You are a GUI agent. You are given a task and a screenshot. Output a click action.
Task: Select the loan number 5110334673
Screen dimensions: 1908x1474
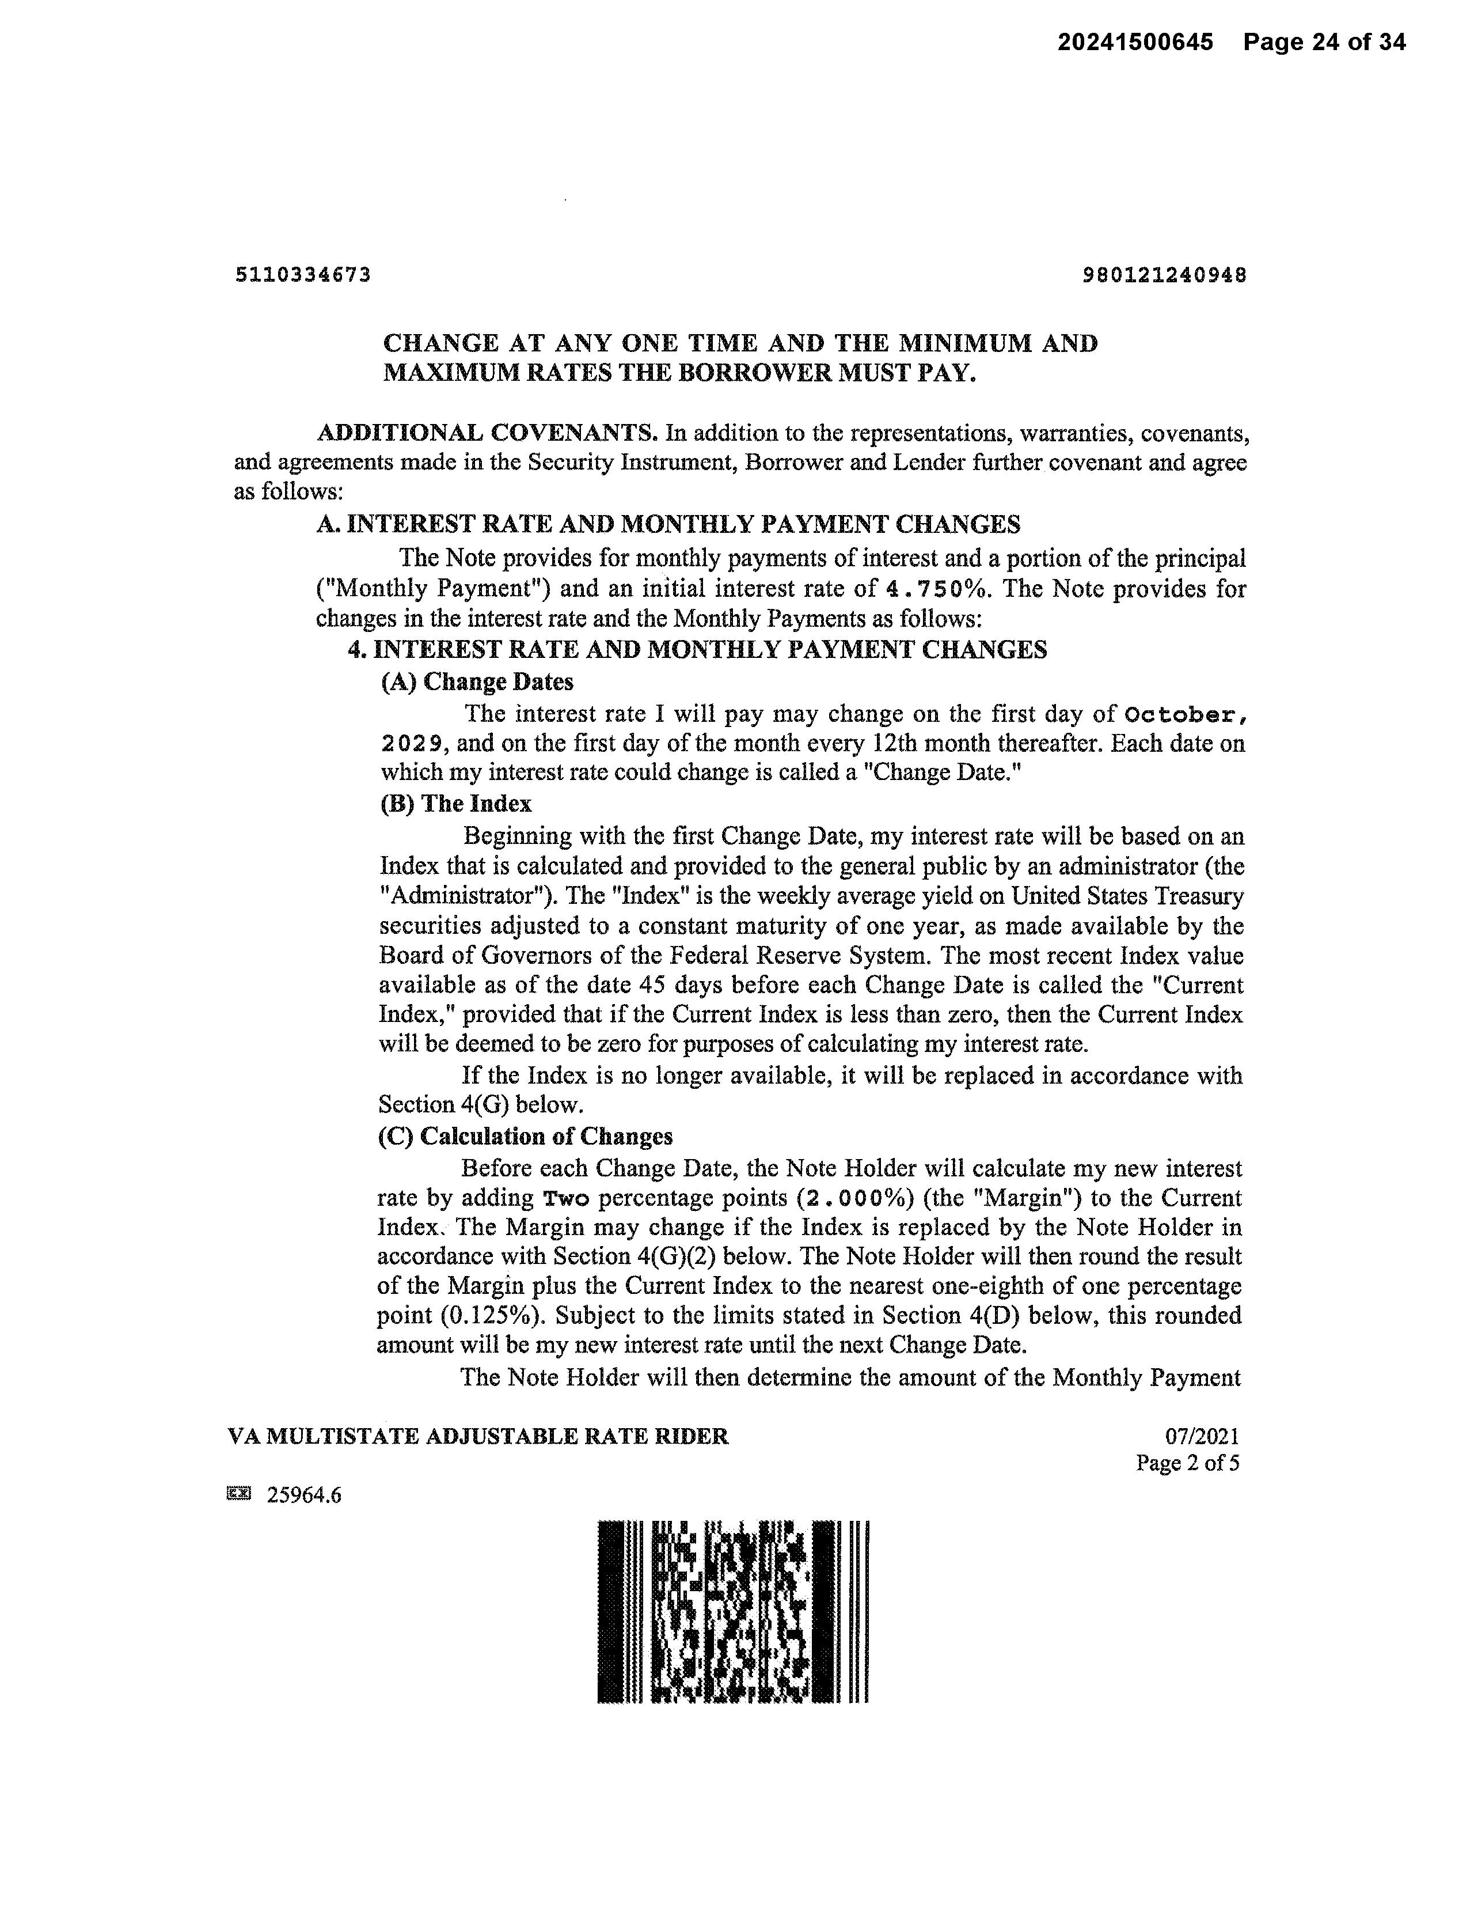pyautogui.click(x=303, y=275)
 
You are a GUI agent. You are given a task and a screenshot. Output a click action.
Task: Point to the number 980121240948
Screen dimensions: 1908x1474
pyautogui.click(x=1164, y=275)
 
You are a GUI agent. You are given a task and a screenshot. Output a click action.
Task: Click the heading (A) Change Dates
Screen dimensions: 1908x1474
pyautogui.click(x=477, y=682)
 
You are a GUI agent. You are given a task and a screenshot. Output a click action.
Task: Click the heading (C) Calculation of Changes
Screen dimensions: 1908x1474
pyautogui.click(x=525, y=1137)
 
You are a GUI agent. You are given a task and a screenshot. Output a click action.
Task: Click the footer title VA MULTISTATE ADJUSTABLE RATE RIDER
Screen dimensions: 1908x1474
pyautogui.click(x=478, y=1436)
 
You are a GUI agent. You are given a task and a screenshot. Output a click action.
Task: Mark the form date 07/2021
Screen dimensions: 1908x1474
pyautogui.click(x=1202, y=1436)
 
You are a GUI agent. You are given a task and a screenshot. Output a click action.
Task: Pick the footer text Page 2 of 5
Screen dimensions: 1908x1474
pyautogui.click(x=1187, y=1463)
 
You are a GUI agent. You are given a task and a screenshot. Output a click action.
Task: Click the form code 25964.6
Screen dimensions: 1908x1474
pyautogui.click(x=304, y=1496)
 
